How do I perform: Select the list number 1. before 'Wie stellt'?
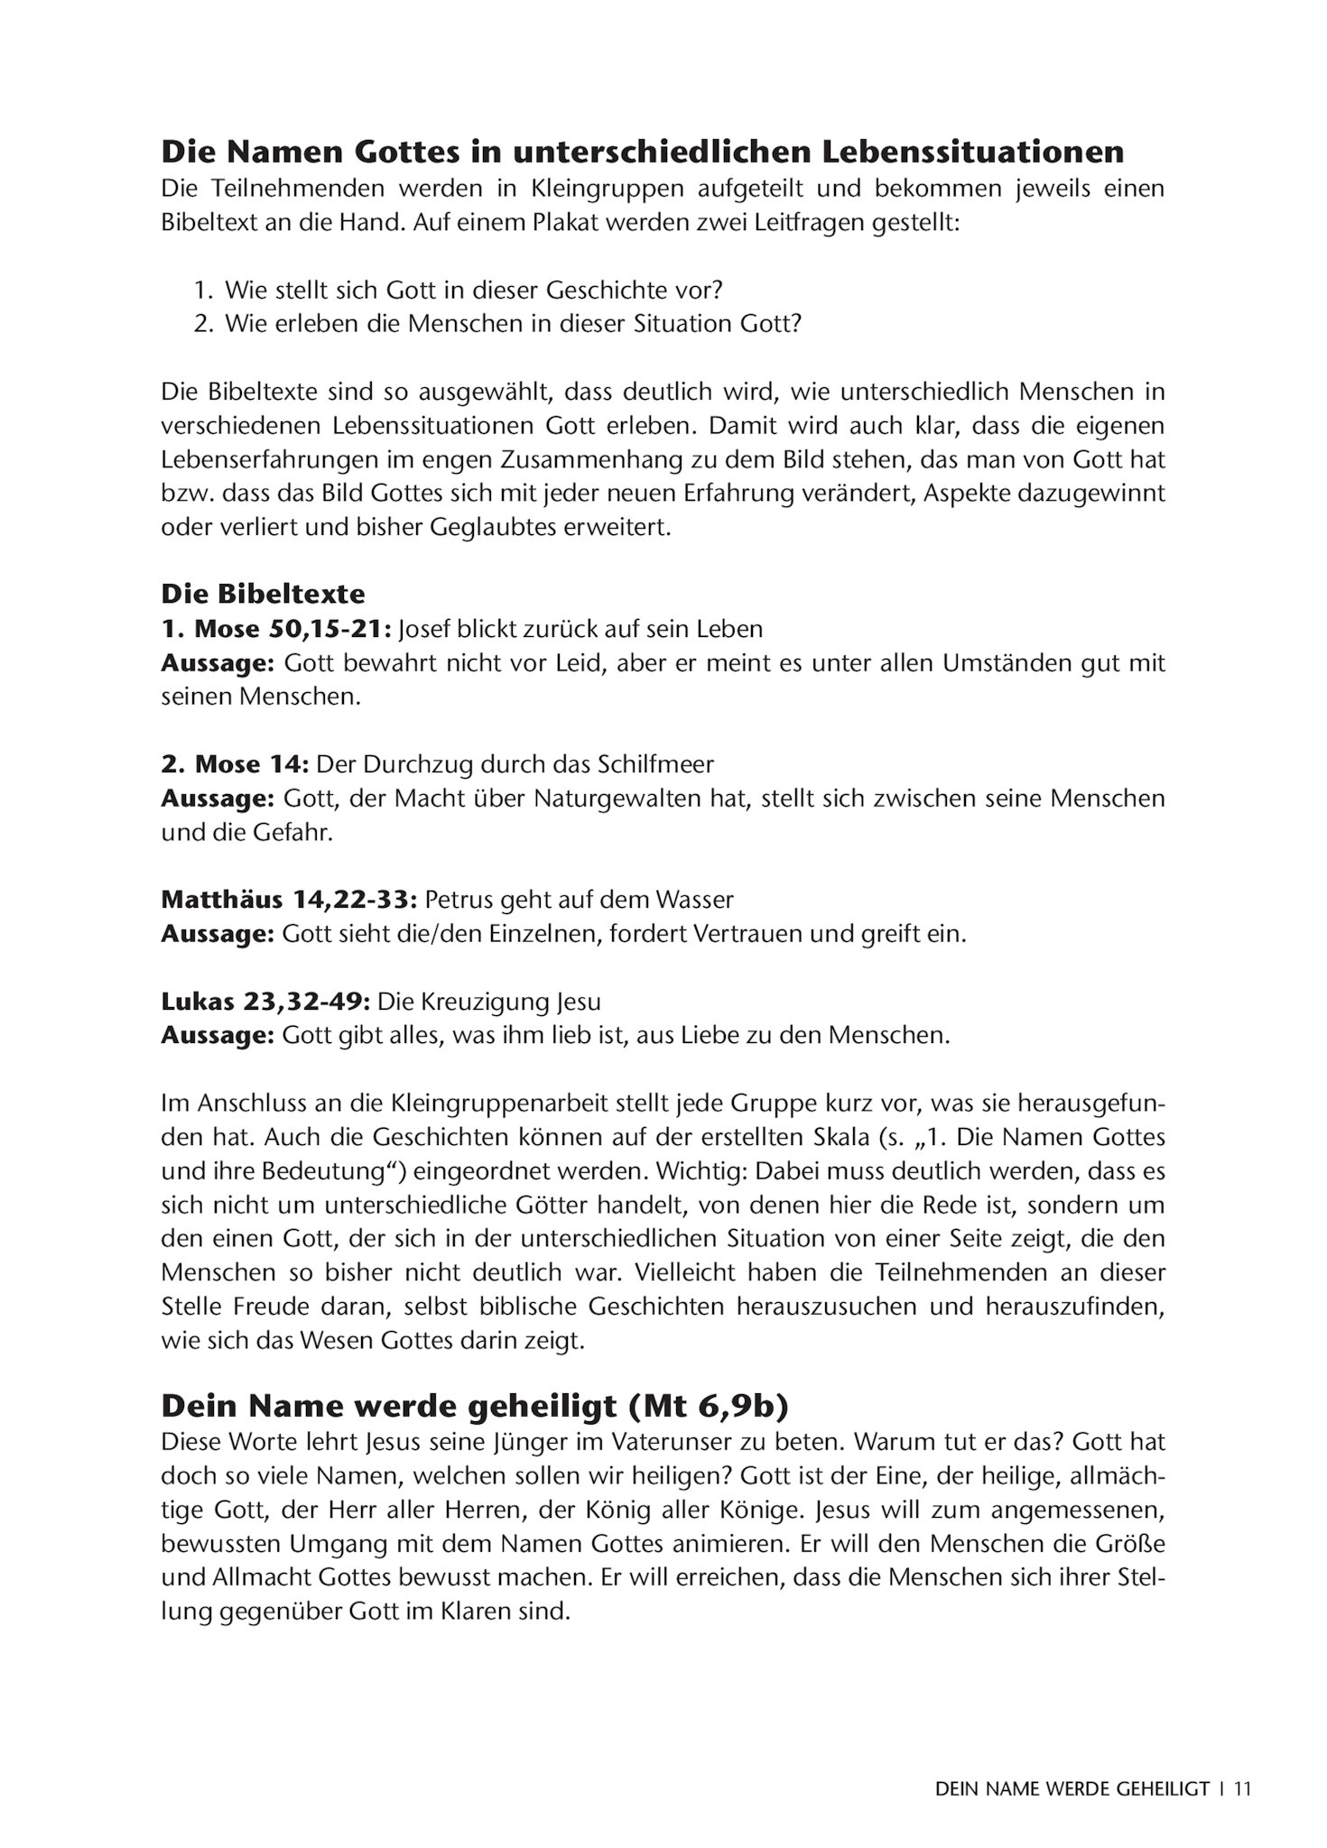click(205, 291)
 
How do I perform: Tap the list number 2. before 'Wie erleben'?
click(205, 324)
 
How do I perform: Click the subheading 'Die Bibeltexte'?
click(263, 594)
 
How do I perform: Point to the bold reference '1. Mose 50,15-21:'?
click(275, 629)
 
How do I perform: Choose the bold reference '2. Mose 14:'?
click(235, 764)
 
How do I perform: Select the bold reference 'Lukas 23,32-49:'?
click(265, 1002)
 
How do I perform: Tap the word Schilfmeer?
click(655, 764)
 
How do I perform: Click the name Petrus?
click(455, 900)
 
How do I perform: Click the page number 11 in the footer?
click(1243, 1788)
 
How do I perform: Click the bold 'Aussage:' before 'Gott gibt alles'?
click(217, 1035)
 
